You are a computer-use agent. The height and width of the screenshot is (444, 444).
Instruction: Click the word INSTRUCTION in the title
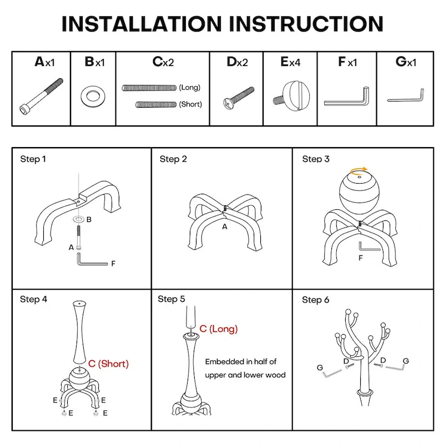pos(306,24)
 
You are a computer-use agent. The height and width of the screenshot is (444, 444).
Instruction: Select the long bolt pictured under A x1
pos(41,95)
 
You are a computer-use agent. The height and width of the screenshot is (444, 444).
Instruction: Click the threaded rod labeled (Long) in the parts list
pos(149,88)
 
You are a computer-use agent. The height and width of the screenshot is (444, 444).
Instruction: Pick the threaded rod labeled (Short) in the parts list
pos(155,104)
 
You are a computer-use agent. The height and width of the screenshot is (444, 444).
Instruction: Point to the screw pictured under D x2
pos(238,97)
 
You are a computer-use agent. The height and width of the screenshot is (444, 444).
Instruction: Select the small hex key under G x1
pos(406,97)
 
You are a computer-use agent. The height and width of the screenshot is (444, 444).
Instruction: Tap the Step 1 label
pos(33,159)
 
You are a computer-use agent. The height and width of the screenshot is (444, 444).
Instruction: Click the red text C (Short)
pos(108,364)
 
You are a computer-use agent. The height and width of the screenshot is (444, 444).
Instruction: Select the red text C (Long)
pos(218,329)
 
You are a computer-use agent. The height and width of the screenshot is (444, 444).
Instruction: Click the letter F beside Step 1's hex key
pos(113,264)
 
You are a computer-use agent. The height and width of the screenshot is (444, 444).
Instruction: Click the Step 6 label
pos(316,300)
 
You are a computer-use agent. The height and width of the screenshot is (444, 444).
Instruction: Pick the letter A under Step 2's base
pos(225,227)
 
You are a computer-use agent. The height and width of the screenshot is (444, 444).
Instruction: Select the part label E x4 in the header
pos(290,62)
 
